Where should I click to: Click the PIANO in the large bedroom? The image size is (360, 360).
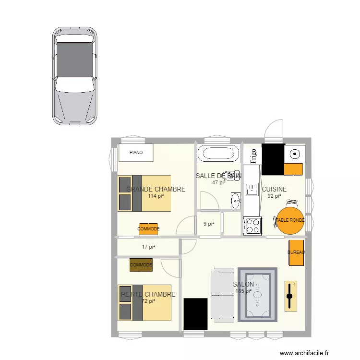136,153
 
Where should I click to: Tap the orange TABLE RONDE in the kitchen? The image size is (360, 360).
290,220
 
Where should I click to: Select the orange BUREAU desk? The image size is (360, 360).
296,252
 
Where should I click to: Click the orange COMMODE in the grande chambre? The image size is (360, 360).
148,229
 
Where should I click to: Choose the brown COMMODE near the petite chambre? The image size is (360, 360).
141,265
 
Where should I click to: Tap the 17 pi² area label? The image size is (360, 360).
148,247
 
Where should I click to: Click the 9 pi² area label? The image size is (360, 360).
208,223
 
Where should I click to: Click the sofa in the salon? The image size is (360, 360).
222,294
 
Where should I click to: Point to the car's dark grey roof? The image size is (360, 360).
74,60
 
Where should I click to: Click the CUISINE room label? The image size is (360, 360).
274,189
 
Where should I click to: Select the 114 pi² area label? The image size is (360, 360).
156,196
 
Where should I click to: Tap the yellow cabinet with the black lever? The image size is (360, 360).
290,296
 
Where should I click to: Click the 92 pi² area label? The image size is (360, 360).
274,196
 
